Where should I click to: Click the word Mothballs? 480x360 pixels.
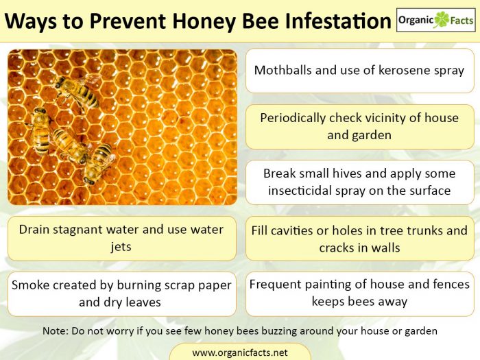[287, 70]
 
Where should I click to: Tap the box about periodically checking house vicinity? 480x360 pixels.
[359, 126]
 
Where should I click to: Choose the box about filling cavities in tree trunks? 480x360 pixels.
[359, 239]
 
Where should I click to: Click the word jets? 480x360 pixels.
[121, 247]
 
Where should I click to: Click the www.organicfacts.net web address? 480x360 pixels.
[239, 352]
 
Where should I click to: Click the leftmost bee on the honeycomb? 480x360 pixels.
[41, 128]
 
